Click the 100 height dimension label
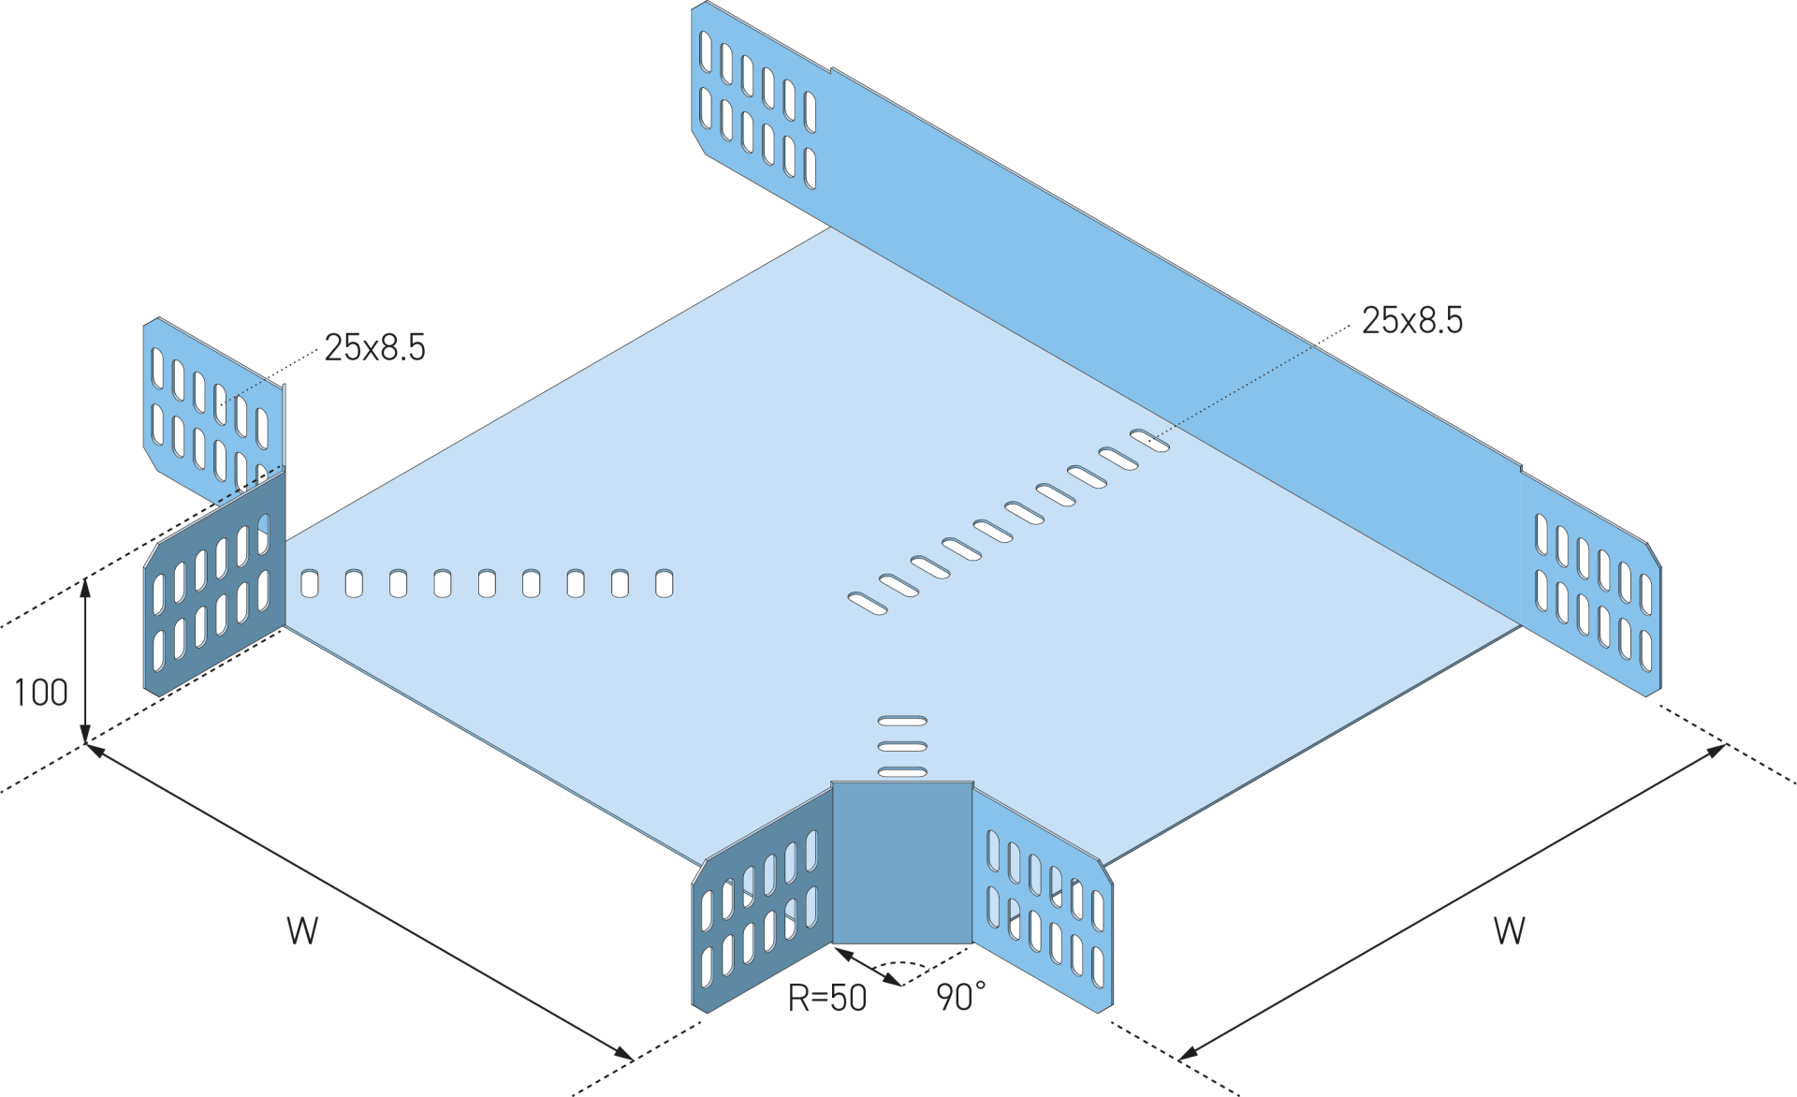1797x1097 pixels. (x=41, y=694)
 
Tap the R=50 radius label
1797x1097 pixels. (x=827, y=999)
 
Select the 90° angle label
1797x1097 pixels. (x=959, y=999)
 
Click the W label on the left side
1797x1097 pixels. (x=302, y=931)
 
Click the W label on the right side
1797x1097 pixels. (x=1509, y=931)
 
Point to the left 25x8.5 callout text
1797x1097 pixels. (x=374, y=348)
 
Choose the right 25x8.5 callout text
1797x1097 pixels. (x=1411, y=321)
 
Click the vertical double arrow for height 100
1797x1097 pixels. (x=86, y=660)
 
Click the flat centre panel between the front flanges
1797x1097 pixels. (x=902, y=863)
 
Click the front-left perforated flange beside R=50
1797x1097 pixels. (x=762, y=913)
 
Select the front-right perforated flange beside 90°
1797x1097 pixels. (x=1044, y=908)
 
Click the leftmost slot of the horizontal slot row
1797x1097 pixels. (x=310, y=584)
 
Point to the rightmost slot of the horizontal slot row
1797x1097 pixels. (x=664, y=583)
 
